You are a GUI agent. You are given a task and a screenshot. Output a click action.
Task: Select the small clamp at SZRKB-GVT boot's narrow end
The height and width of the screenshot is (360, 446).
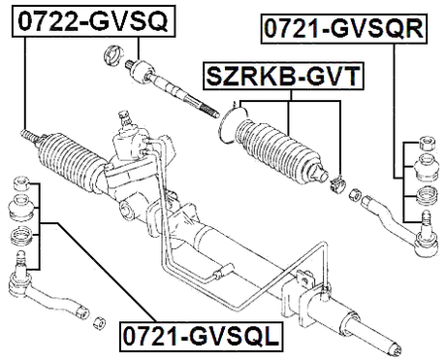coord(337,181)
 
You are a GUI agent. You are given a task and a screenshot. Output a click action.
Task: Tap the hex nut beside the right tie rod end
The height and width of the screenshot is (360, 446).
coord(355,192)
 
